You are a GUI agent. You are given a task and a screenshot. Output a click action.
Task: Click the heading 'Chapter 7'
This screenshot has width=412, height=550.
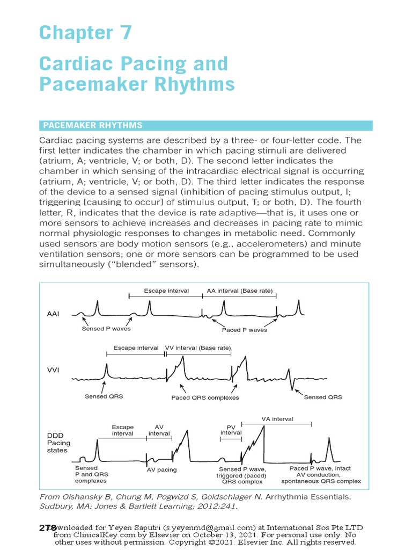tap(85, 33)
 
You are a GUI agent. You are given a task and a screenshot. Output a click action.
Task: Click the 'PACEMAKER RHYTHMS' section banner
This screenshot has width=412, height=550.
tap(92, 125)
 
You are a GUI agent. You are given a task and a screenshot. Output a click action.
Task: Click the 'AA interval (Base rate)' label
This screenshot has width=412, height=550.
tap(240, 291)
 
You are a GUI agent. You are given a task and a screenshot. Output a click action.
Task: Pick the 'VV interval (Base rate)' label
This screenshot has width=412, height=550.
tap(197, 348)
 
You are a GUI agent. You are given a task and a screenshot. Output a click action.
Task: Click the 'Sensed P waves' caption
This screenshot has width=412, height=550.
tap(106, 329)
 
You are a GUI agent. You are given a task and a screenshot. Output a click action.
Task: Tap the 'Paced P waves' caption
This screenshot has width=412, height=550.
tap(244, 330)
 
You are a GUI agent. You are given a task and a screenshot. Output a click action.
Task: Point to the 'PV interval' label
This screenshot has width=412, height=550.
tap(231, 429)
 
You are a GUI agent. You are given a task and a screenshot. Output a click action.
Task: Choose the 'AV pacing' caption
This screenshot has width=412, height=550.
tap(161, 469)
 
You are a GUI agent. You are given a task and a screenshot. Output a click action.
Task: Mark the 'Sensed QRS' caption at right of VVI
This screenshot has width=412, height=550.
tap(322, 397)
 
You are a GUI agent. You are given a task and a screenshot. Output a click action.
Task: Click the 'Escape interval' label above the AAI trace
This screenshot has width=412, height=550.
tap(166, 291)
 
